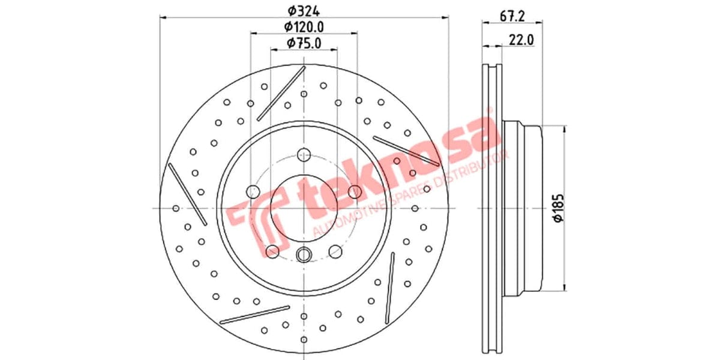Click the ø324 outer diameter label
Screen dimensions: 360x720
[x=304, y=10]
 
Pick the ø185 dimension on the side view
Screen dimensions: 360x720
[x=558, y=209]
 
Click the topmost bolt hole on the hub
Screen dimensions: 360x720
[x=304, y=154]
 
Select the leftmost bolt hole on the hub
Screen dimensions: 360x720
[x=253, y=192]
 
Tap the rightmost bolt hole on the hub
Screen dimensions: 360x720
[x=355, y=192]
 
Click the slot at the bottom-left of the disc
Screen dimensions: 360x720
[x=255, y=314]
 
